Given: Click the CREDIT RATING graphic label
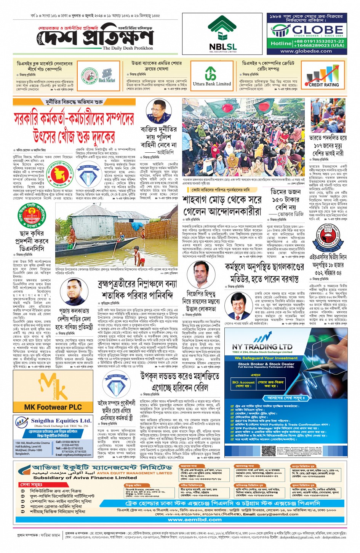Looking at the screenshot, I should pyautogui.click(x=323, y=85).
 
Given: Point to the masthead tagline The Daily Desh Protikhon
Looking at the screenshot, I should pyautogui.click(x=128, y=48).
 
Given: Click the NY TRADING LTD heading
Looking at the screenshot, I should pyautogui.click(x=262, y=347).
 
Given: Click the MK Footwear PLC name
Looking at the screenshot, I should pyautogui.click(x=53, y=407).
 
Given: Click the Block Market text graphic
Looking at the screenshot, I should pyautogui.click(x=107, y=80).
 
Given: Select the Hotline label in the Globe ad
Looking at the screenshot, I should pyautogui.click(x=281, y=43).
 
